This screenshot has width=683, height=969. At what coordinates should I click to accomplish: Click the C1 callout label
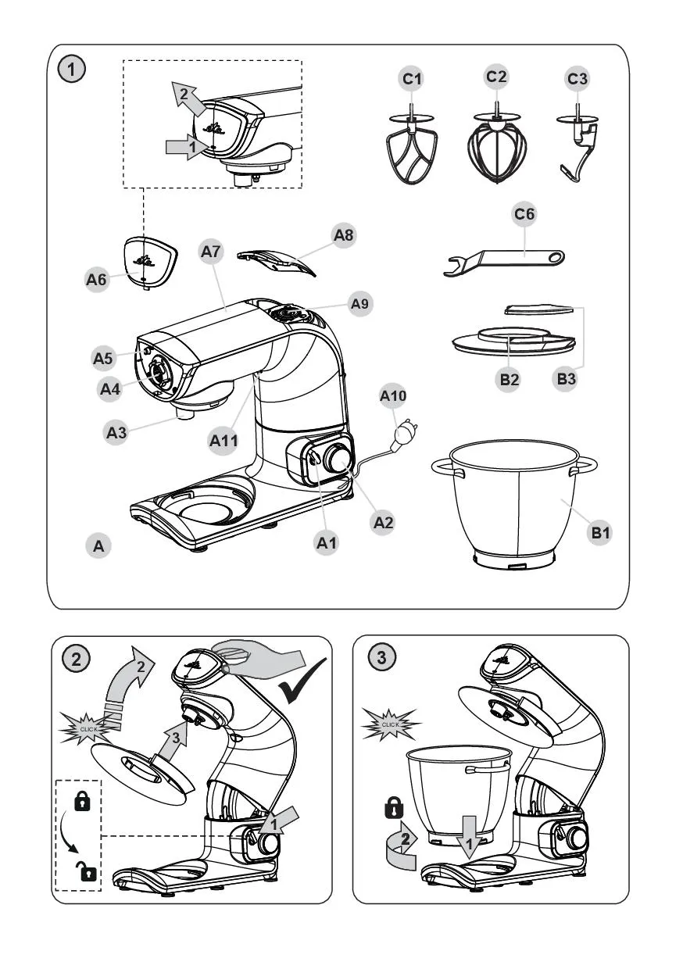click(412, 78)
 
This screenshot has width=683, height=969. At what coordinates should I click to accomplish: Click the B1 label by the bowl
click(600, 533)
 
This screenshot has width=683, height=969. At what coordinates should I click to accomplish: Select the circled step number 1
click(72, 70)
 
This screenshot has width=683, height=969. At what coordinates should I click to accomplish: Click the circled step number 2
click(75, 658)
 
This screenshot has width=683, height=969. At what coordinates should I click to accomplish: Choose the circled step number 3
click(380, 658)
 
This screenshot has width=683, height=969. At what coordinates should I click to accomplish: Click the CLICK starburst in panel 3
click(390, 724)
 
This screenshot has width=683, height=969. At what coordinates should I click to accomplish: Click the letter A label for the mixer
click(98, 546)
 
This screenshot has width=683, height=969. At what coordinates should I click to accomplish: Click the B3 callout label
click(569, 379)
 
